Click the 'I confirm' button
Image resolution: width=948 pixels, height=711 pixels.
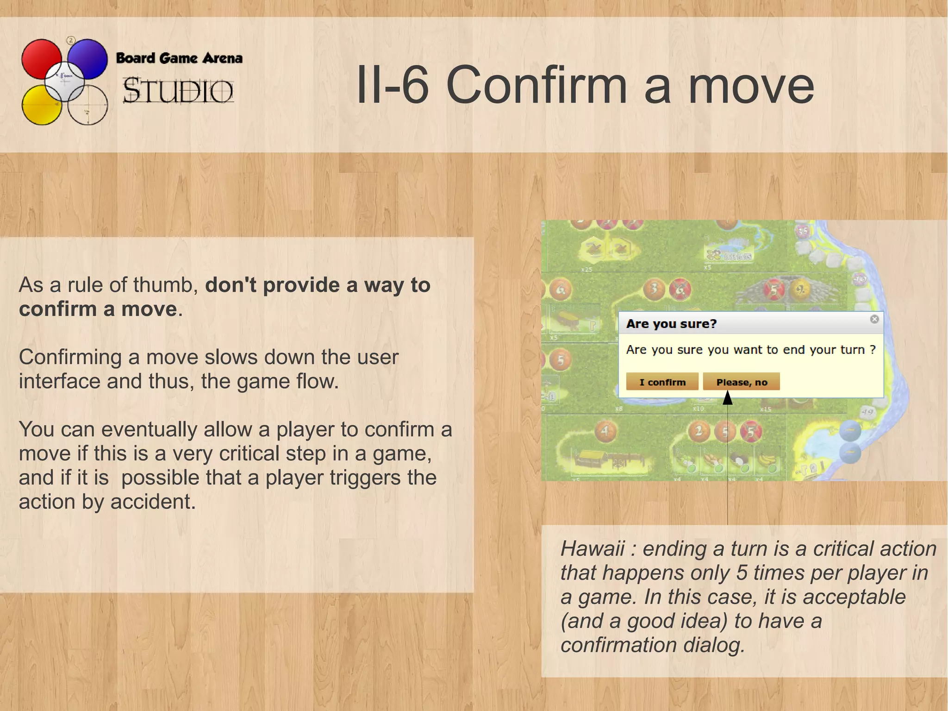click(x=662, y=382)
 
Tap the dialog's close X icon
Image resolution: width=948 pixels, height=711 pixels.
click(x=874, y=319)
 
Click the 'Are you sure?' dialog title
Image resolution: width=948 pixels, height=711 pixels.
click(x=671, y=324)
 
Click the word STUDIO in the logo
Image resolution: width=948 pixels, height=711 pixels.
click(x=178, y=90)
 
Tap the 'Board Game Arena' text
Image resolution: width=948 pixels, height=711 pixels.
click(x=179, y=58)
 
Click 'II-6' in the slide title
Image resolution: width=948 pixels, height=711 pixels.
click(x=392, y=86)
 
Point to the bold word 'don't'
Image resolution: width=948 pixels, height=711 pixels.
click(x=231, y=285)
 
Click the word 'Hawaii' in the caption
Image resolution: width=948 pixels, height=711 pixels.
click(x=592, y=548)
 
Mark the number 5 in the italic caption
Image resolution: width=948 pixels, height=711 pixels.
click(x=742, y=573)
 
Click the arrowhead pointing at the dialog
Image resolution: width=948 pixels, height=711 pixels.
click(x=728, y=397)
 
